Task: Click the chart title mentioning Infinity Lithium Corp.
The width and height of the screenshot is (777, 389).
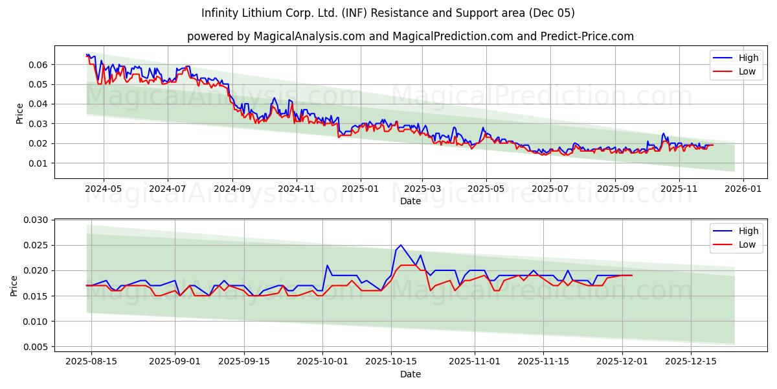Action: [388, 13]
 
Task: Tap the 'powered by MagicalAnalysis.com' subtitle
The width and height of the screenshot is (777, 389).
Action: [410, 36]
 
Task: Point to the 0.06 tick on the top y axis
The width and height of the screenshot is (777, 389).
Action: [38, 65]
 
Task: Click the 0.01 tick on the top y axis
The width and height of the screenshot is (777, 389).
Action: [38, 163]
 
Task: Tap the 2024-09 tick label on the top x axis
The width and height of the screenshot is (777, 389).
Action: [232, 188]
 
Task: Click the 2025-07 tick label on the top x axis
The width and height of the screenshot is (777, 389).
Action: [550, 188]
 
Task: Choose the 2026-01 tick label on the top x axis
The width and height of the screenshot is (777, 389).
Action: [743, 188]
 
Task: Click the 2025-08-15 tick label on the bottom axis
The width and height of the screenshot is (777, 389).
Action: [91, 361]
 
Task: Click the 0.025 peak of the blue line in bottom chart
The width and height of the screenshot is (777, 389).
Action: [401, 245]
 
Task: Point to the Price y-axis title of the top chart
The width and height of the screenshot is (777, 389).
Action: [19, 113]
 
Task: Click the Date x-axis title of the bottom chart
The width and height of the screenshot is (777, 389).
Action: [410, 374]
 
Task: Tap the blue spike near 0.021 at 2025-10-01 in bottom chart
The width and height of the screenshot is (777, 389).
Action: [327, 265]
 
